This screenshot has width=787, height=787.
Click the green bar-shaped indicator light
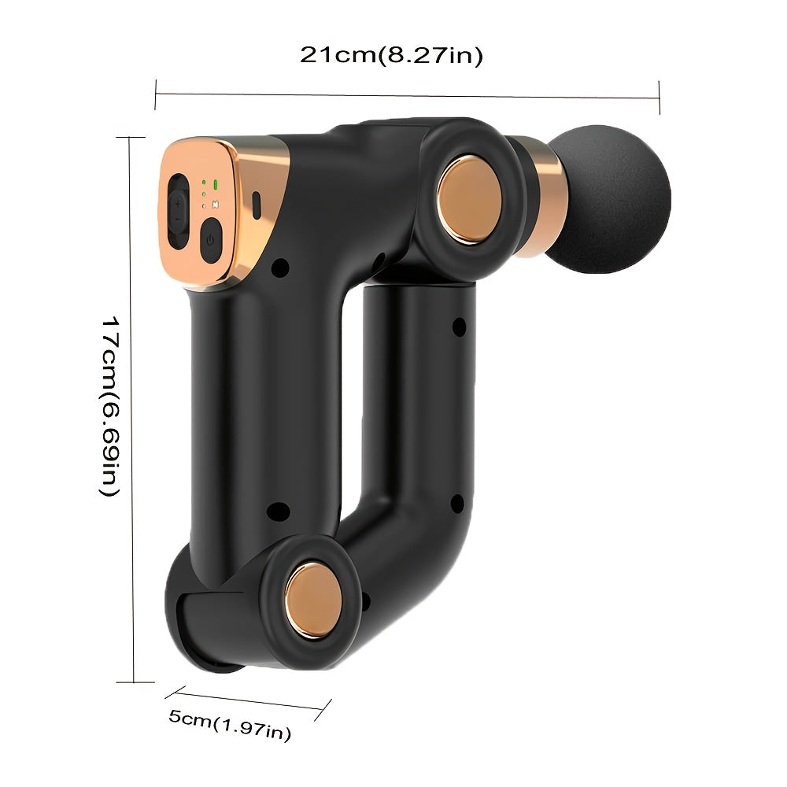click(214, 187)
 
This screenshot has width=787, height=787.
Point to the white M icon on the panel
click(214, 201)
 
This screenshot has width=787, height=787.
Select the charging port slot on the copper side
click(257, 203)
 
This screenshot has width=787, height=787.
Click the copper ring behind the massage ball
click(544, 195)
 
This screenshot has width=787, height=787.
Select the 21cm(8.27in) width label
click(391, 56)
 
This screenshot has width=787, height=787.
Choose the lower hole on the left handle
click(275, 512)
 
